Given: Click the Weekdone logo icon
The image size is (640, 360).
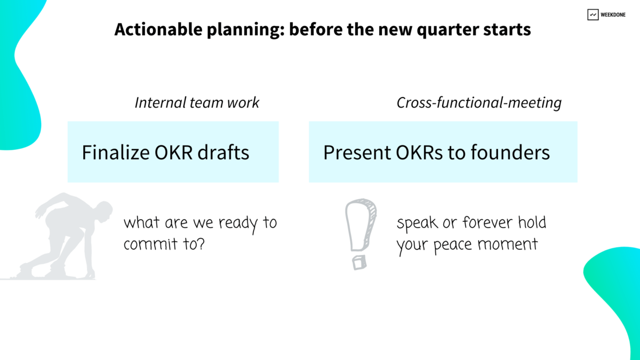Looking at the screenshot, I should (x=593, y=15).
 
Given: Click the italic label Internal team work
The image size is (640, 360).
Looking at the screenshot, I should (x=197, y=102).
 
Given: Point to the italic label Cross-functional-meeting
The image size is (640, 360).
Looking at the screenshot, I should (x=479, y=102).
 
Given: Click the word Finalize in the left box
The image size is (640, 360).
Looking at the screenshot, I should (x=115, y=153).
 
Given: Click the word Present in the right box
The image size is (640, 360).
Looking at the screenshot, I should (x=355, y=153).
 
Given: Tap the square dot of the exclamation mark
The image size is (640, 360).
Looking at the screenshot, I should (x=359, y=262).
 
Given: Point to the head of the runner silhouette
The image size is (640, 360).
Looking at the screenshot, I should (x=102, y=208).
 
